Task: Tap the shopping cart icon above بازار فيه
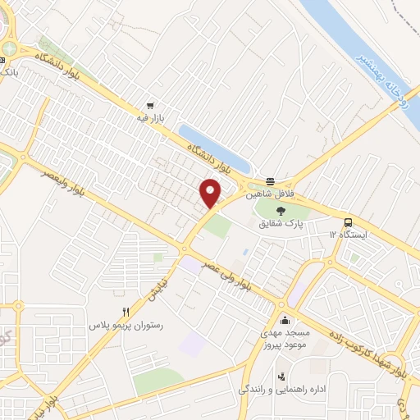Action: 150,106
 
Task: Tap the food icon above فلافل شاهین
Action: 270,182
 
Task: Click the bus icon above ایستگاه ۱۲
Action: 349,221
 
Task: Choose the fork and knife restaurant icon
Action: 126,312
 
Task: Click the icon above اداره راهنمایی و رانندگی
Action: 281,377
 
